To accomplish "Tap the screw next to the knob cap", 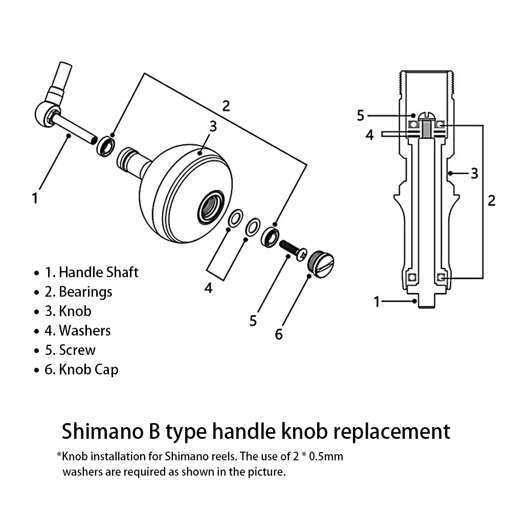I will pos(293,249).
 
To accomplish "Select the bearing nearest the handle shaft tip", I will pos(106,146).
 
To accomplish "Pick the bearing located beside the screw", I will pos(270,237).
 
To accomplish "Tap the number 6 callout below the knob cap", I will pos(279,334).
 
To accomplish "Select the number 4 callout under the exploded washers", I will pos(208,288).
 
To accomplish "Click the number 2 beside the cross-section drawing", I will pos(492,200).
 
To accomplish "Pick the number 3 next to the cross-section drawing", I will pos(474,173).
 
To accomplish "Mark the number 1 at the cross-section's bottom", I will pos(376,302).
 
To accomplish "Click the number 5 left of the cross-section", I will pos(361,115).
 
